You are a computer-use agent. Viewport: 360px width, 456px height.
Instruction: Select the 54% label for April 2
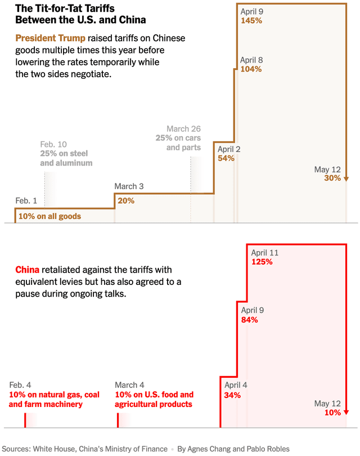point(226,158)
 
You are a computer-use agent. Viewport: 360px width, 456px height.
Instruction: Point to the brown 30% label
point(332,178)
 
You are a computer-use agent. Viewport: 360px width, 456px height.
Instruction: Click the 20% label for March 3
point(125,200)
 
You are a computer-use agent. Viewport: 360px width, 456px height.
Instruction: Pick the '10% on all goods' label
point(49,216)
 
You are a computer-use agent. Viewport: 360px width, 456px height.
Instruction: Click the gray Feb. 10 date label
point(53,144)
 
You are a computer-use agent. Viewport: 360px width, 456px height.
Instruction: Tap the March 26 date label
point(183,129)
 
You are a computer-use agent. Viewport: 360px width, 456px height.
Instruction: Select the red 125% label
point(262,262)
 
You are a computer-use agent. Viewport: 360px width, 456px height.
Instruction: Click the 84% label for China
point(250,320)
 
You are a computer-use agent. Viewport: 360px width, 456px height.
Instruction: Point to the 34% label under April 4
point(232,395)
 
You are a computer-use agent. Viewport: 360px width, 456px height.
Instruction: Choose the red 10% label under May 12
point(332,413)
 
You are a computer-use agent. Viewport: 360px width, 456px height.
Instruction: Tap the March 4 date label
point(130,385)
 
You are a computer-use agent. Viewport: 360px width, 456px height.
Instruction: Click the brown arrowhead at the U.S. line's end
point(346,179)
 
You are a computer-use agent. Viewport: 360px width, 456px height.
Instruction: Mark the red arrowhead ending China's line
point(346,413)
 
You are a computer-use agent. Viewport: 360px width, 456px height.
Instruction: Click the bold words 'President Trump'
point(51,38)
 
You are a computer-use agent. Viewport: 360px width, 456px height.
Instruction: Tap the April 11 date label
point(265,253)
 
